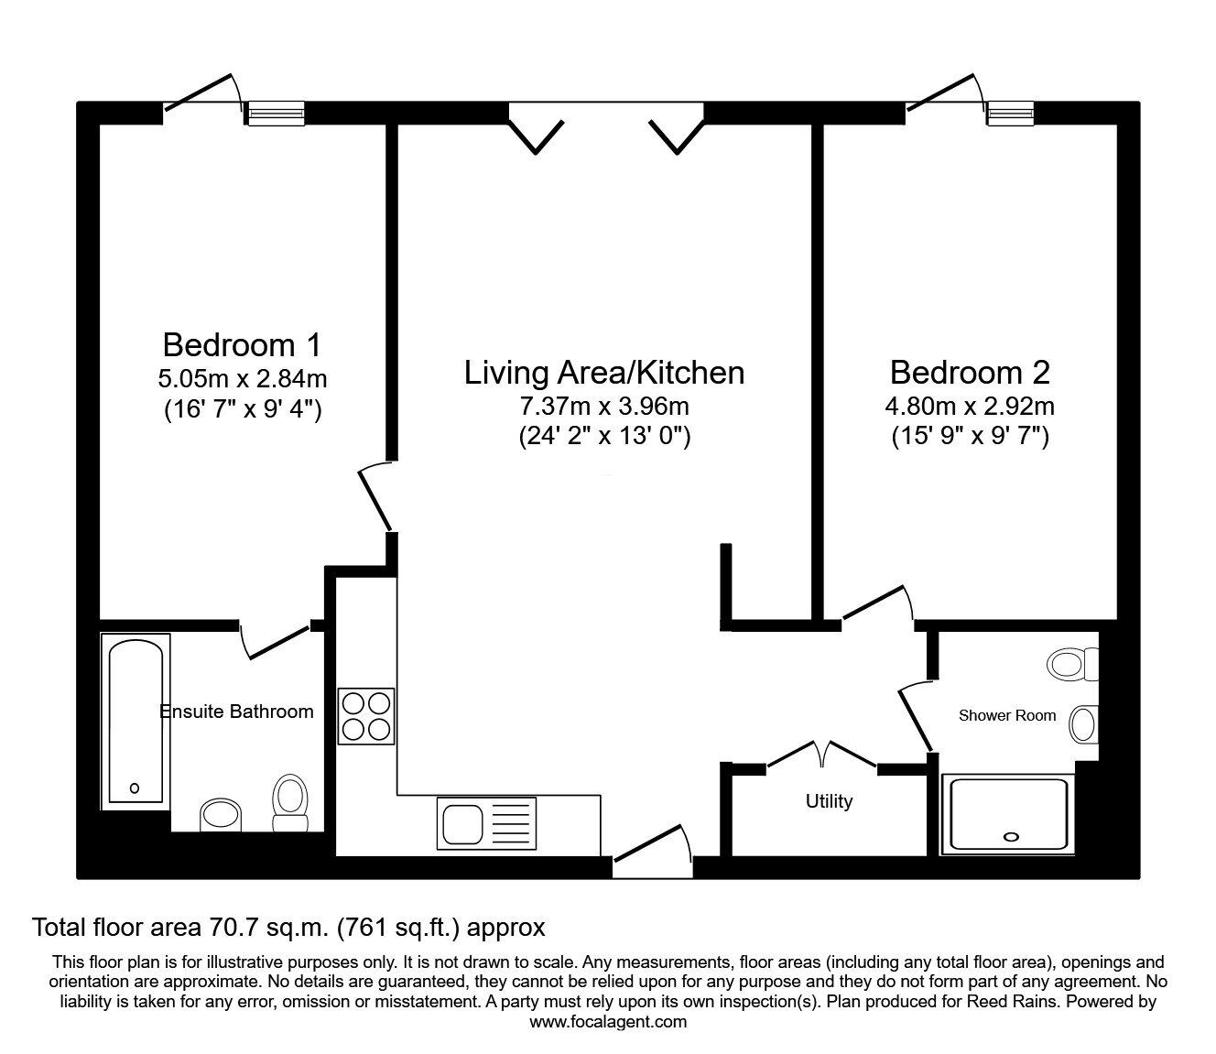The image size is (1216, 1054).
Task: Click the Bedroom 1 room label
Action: point(242,345)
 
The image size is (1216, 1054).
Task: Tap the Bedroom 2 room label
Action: point(970,373)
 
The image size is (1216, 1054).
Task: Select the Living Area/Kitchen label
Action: point(603,373)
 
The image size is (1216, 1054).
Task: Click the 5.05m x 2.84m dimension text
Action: point(242,378)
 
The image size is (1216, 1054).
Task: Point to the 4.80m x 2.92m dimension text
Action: point(970,405)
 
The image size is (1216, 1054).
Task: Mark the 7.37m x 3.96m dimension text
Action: point(603,405)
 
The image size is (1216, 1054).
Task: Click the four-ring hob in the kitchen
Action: point(366,715)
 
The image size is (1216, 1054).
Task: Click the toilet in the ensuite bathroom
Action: point(292,803)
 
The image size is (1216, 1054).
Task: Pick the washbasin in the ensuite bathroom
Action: point(220,814)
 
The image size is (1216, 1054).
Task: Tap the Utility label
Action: point(829,801)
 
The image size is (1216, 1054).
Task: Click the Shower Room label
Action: point(1006,715)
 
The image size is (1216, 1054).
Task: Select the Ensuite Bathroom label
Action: point(236,712)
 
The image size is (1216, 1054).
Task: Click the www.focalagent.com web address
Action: point(608,1022)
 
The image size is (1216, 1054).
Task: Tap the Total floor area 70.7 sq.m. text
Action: point(288,928)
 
